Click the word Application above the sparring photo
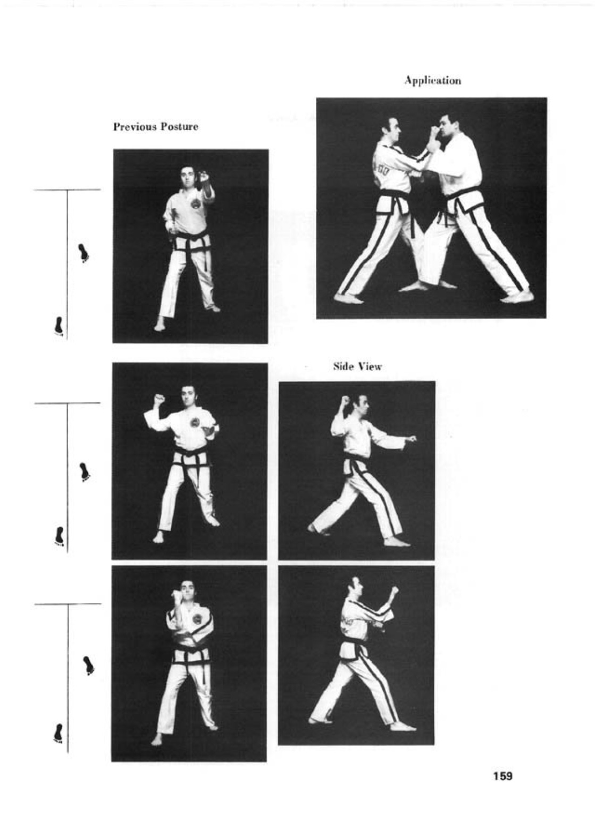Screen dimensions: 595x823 (433, 80)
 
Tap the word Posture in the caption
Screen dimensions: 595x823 (180, 127)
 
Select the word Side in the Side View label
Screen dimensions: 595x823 (341, 367)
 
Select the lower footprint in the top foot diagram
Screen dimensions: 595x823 (59, 326)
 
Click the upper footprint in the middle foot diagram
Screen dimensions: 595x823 (85, 472)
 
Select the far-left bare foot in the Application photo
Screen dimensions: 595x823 (348, 298)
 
